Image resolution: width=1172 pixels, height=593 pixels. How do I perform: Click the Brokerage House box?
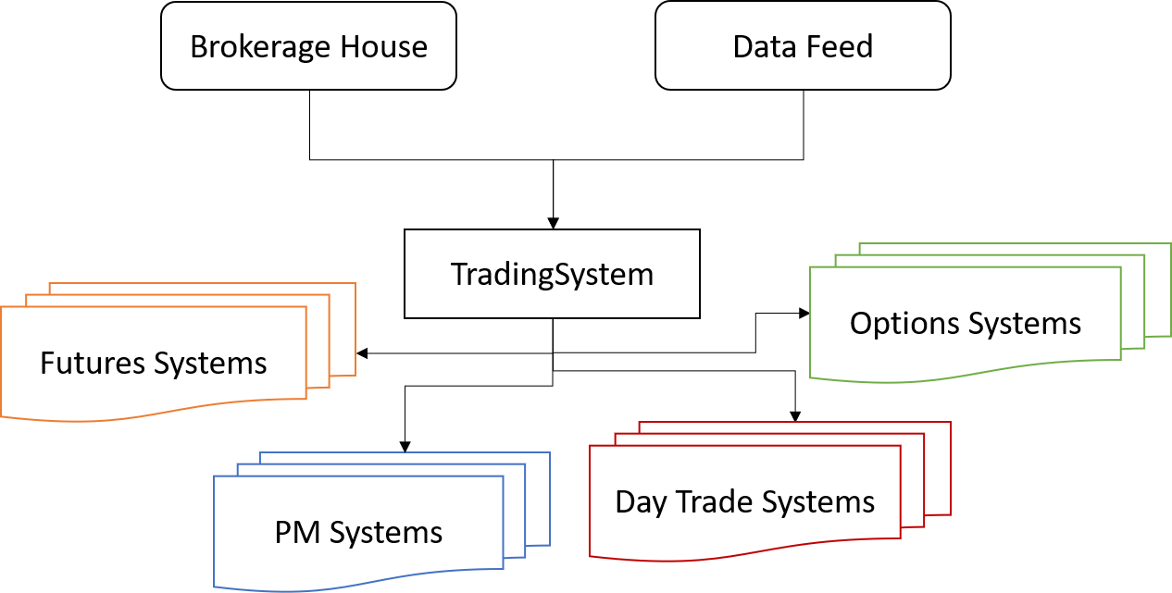click(x=308, y=45)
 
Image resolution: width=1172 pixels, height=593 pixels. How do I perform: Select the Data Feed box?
click(x=803, y=45)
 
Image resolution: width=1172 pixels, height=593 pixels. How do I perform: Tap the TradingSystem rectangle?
click(x=552, y=274)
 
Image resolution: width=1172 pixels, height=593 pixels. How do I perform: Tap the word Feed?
click(x=839, y=47)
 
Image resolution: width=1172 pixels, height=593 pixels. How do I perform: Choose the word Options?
click(x=904, y=324)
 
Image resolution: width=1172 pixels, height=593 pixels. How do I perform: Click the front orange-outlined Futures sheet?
click(x=153, y=389)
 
